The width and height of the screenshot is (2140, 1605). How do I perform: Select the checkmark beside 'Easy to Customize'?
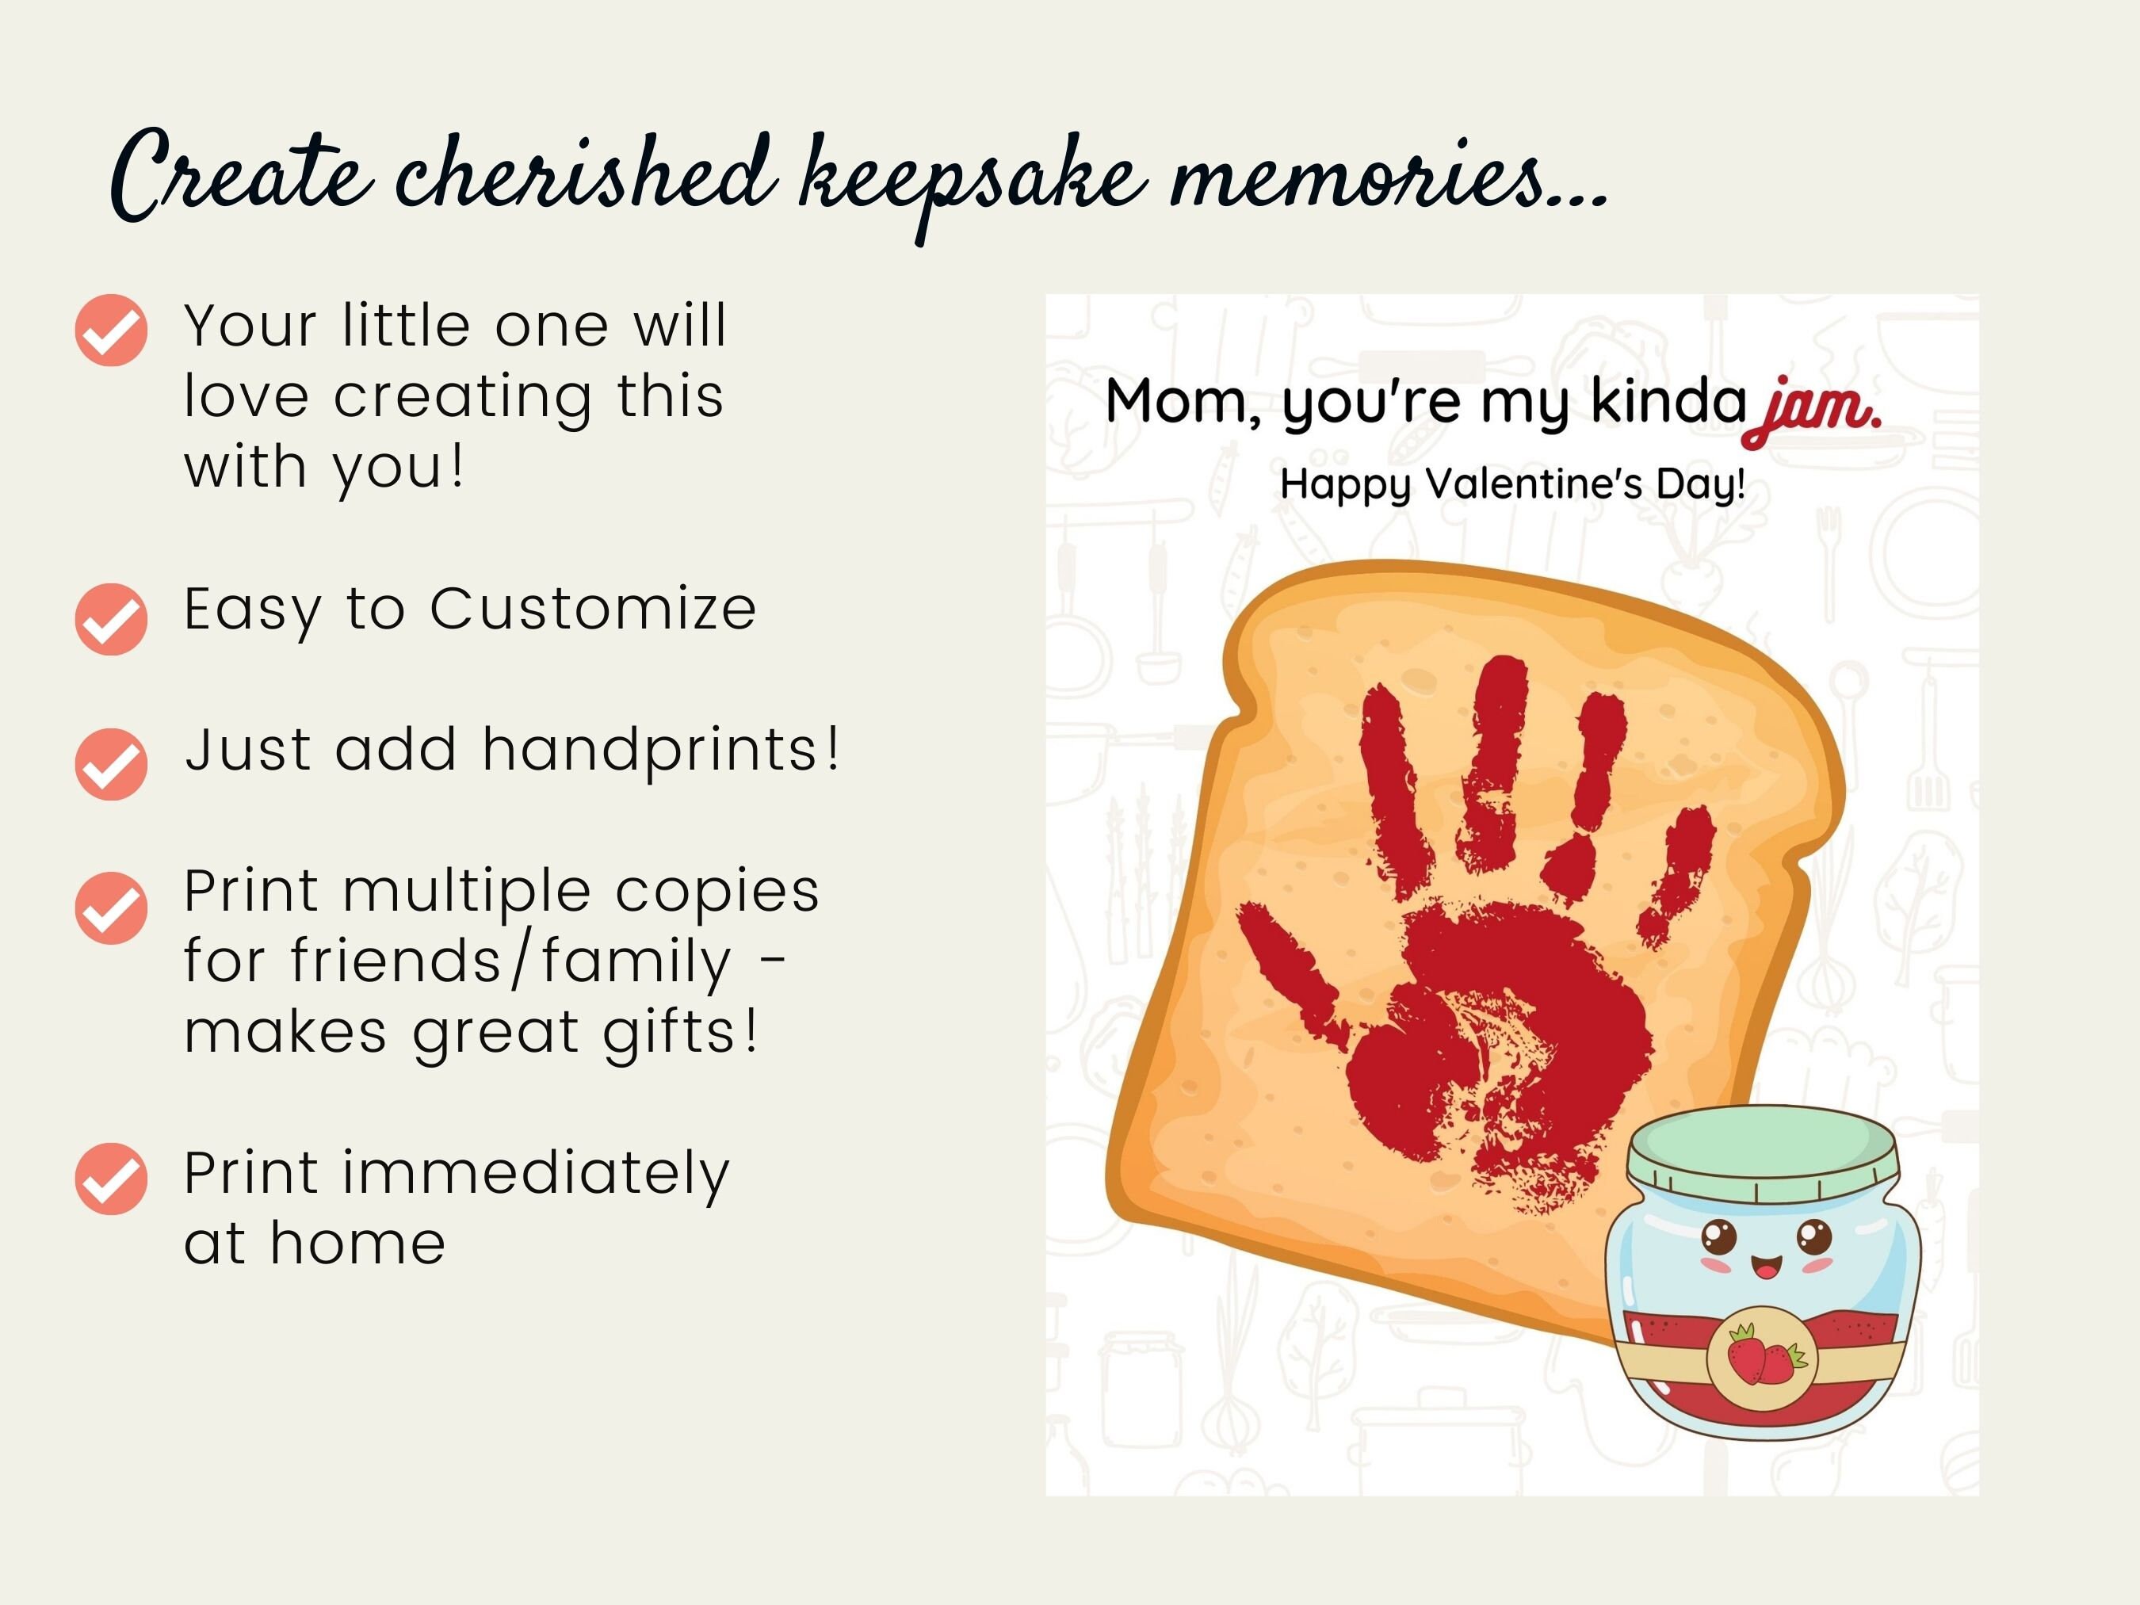(111, 619)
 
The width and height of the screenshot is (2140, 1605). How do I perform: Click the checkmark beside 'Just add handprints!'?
(111, 763)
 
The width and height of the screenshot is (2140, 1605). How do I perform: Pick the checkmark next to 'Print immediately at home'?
(111, 1179)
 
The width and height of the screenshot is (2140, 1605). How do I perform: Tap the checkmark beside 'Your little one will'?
(111, 330)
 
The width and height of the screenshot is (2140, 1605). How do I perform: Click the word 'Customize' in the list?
(593, 610)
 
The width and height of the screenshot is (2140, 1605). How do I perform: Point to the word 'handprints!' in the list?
(662, 750)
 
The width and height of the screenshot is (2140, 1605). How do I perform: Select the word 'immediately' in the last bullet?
(536, 1175)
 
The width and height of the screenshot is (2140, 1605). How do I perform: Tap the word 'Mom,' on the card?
(1183, 402)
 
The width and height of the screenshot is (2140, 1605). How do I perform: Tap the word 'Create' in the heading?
(242, 174)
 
